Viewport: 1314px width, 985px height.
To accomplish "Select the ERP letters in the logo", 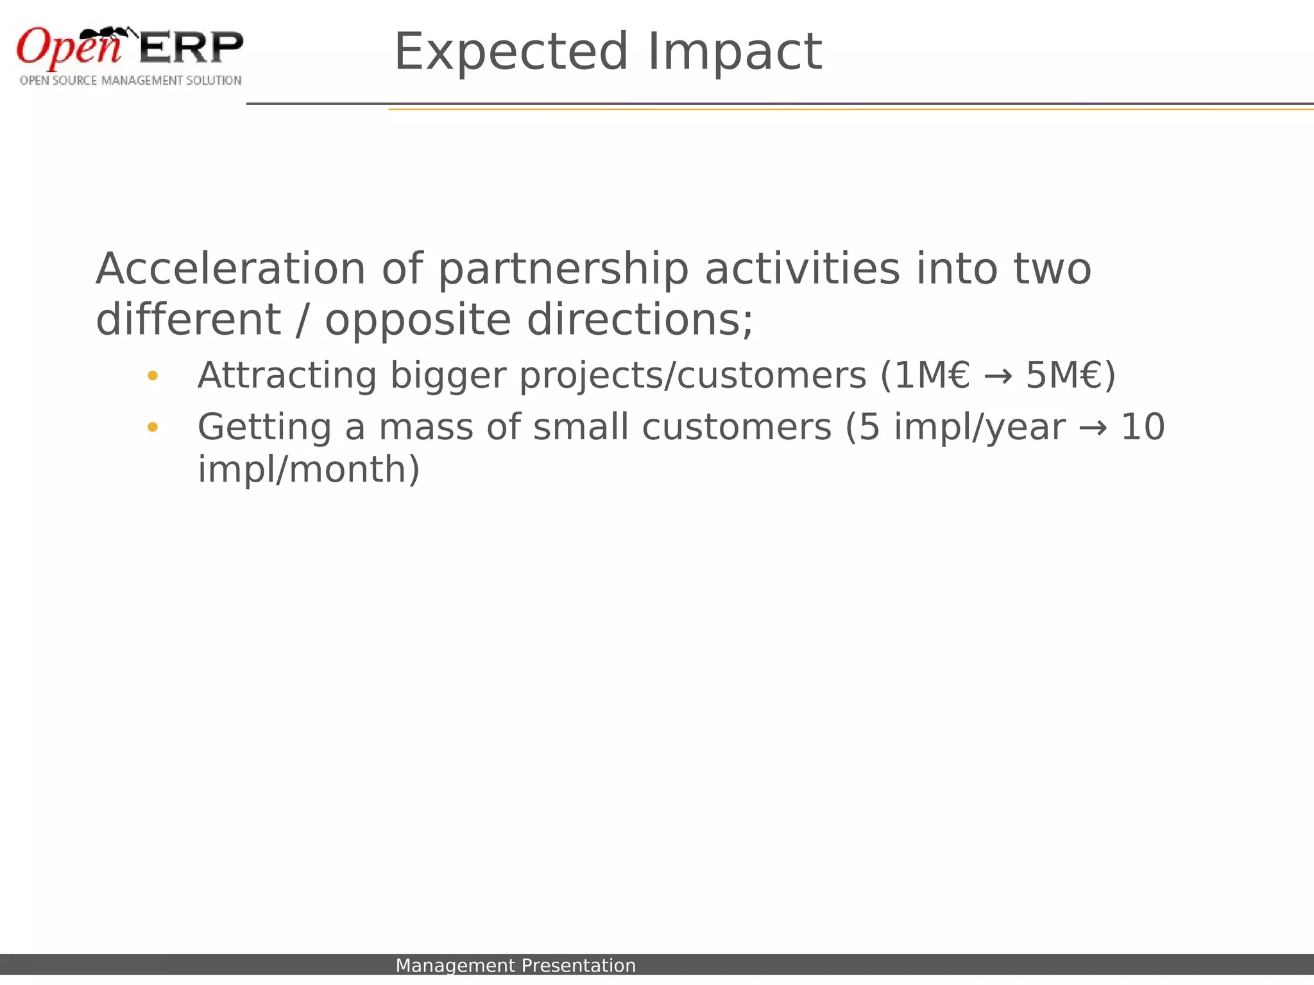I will (191, 47).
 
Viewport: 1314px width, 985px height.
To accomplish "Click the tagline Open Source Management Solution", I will (130, 81).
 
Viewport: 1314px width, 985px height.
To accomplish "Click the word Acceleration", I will (230, 269).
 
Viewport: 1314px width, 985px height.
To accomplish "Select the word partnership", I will (563, 270).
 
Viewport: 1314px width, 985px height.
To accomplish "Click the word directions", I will (639, 319).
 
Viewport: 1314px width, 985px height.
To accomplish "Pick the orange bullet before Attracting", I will (152, 376).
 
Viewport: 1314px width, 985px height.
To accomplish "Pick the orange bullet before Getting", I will (152, 427).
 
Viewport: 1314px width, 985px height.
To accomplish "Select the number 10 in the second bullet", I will (1142, 427).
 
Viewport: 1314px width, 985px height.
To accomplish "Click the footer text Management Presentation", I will (515, 966).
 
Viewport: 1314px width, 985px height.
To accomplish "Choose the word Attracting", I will (287, 376).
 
